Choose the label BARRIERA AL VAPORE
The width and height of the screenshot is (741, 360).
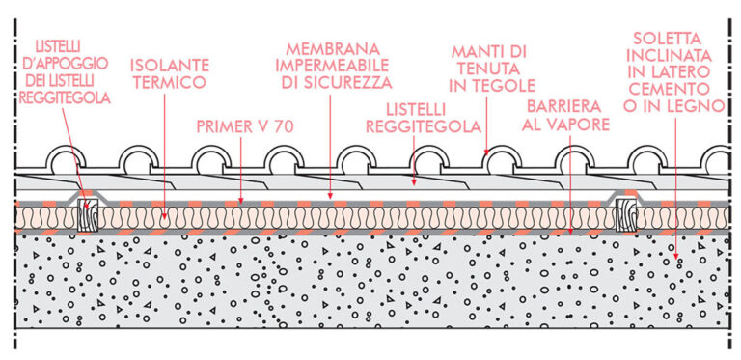coord(565,114)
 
